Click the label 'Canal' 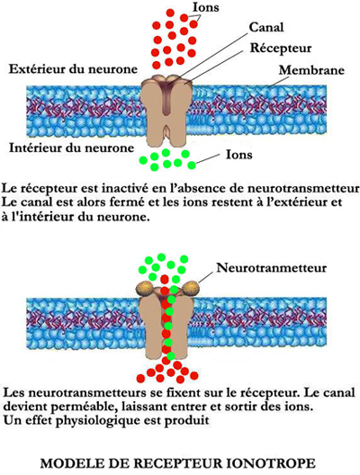click(x=266, y=27)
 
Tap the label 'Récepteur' click(x=281, y=49)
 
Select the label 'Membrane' click(x=311, y=70)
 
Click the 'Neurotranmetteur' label click(x=272, y=268)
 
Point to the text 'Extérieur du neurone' click(x=73, y=69)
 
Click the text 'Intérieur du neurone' click(x=71, y=148)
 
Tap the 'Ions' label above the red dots click(x=206, y=7)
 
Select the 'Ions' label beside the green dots click(x=239, y=155)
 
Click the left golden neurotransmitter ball click(x=144, y=288)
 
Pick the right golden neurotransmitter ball click(x=190, y=287)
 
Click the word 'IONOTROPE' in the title click(x=271, y=463)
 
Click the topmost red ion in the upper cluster click(x=170, y=13)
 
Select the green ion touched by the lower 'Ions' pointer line click(x=192, y=166)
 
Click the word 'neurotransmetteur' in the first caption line click(x=303, y=188)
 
